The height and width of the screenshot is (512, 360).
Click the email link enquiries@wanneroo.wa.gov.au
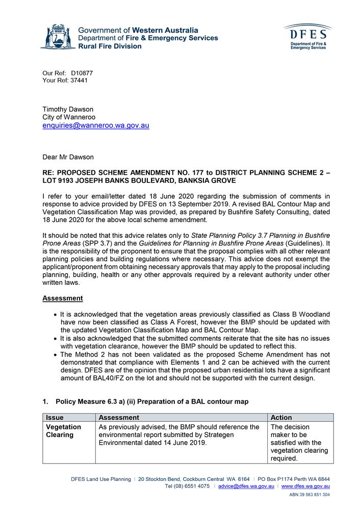coord(95,125)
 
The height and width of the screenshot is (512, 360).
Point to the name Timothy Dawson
coord(67,109)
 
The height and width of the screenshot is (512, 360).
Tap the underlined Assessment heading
coord(62,298)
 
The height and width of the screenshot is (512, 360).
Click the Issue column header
coord(55,417)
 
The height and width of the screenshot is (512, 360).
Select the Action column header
coord(282,417)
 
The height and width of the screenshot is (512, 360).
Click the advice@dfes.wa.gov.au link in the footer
coord(246,487)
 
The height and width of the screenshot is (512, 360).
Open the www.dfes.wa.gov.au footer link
coord(305,487)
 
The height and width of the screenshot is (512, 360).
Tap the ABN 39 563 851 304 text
coord(309,495)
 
